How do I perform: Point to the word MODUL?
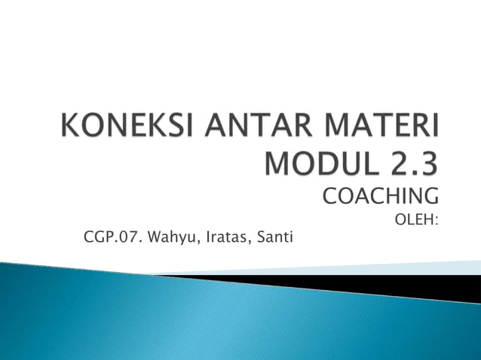[318, 163]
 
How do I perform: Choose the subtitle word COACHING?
[380, 197]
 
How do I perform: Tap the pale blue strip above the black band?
[362, 267]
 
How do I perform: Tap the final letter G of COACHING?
[430, 197]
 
